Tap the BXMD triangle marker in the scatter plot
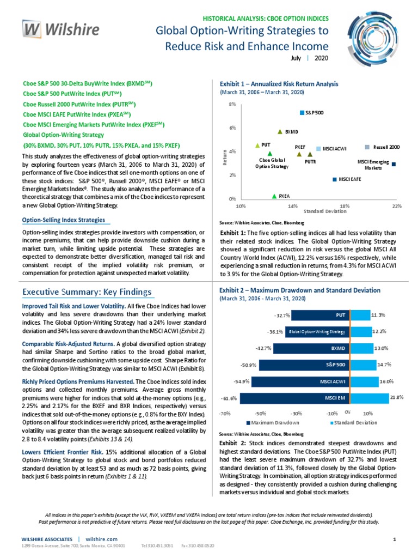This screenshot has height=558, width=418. (x=280, y=131)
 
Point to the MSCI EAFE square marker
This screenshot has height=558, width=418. (x=335, y=179)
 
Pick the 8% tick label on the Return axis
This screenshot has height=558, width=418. (x=232, y=104)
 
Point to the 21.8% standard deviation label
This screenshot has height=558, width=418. (x=397, y=398)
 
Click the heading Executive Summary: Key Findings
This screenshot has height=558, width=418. (x=87, y=292)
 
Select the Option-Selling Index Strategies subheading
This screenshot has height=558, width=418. (x=64, y=220)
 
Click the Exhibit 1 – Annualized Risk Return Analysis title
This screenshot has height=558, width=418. (x=279, y=84)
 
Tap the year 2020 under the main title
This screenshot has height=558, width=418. (x=321, y=57)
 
